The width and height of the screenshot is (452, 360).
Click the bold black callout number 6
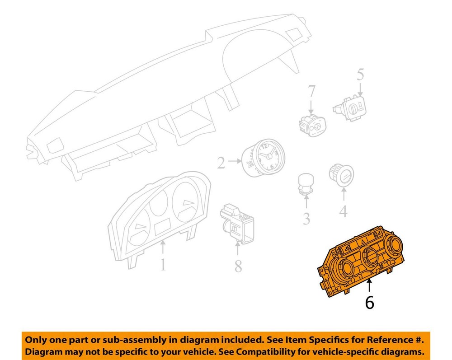pos(370,303)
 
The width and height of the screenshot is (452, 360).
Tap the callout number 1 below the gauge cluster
pos(163,265)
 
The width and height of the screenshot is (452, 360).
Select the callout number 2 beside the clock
pos(221,163)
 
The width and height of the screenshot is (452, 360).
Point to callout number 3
pos(306,219)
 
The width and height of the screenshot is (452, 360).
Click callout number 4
pos(344,211)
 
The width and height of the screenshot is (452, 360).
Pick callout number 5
pos(360,74)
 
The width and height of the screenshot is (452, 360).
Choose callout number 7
pos(311,91)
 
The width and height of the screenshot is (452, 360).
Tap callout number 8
pos(238,266)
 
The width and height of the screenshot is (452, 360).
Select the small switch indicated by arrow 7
pos(312,126)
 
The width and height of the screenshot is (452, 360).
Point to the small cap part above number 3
pos(306,183)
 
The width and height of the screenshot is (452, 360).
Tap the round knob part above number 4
pos(341,174)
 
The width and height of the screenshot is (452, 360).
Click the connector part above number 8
pos(237,224)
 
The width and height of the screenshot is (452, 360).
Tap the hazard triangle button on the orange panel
pos(363,239)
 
